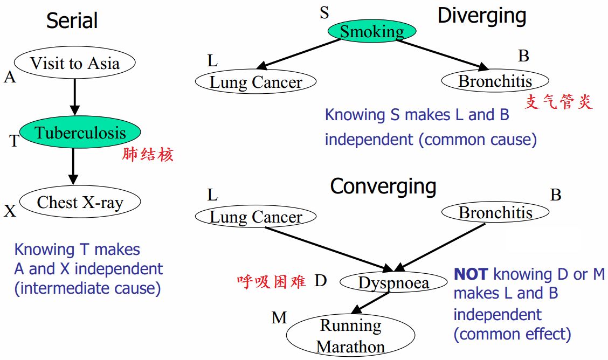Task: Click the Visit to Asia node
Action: coord(74,63)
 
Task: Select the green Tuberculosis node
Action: coord(80,133)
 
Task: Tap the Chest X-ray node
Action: coord(80,202)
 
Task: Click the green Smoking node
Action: coord(372,31)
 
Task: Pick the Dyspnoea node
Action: coord(393,282)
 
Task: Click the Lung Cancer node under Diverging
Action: coord(255,82)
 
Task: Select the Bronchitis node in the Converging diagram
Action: coord(495,212)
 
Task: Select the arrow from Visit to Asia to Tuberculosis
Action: coord(74,97)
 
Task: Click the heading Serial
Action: coord(72,21)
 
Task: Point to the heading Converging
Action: coord(383,186)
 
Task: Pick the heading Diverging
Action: coord(481,16)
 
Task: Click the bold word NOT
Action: coord(471,274)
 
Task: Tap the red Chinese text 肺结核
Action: coord(148,155)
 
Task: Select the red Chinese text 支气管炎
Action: coord(558,102)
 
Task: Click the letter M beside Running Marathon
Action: coord(279,318)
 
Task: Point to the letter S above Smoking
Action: coord(324,13)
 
